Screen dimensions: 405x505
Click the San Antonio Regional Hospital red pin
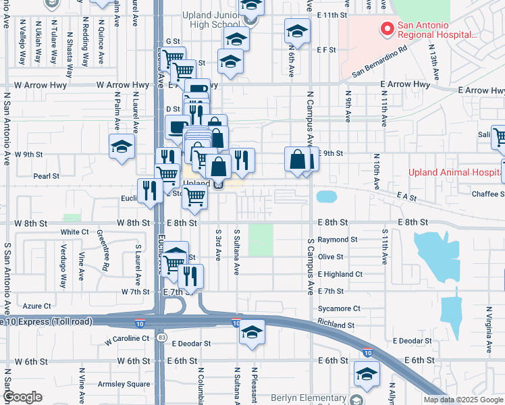(388, 29)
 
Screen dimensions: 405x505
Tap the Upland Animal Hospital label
(456, 172)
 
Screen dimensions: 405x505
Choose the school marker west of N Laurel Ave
(121, 146)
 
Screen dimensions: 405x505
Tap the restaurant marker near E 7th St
(191, 275)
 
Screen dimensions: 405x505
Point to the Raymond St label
(338, 240)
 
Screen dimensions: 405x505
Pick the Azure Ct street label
(37, 306)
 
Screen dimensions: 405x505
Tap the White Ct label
(74, 232)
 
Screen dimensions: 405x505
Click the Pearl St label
(47, 176)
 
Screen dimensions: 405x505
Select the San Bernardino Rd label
(379, 59)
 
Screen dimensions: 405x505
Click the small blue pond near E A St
(326, 197)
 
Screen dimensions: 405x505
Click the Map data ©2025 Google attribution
(463, 400)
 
